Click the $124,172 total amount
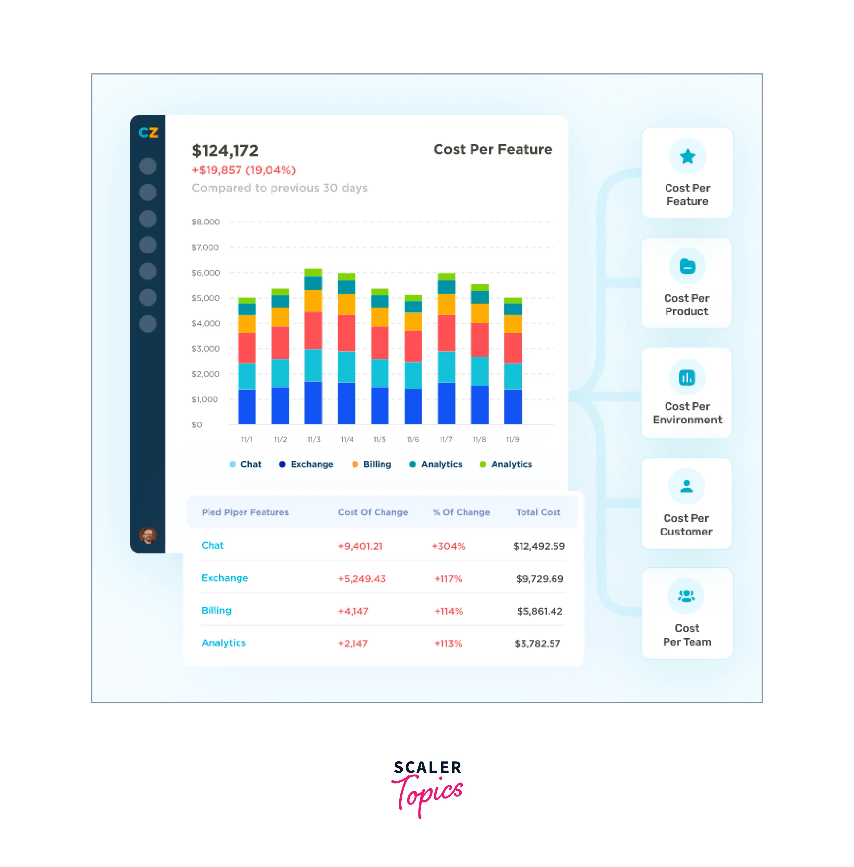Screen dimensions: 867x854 coord(225,151)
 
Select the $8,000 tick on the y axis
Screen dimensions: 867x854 coord(206,221)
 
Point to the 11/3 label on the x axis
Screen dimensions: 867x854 coord(313,439)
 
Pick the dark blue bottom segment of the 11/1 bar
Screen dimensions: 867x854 coord(247,406)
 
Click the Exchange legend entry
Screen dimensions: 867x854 coord(306,464)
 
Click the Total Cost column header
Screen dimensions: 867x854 coord(538,512)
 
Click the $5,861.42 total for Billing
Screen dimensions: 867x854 coord(539,611)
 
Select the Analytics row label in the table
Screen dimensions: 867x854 coord(223,643)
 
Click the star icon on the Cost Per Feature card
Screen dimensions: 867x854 coord(687,156)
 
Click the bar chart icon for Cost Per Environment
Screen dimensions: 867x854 coord(687,377)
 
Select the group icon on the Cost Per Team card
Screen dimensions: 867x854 coord(686,596)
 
